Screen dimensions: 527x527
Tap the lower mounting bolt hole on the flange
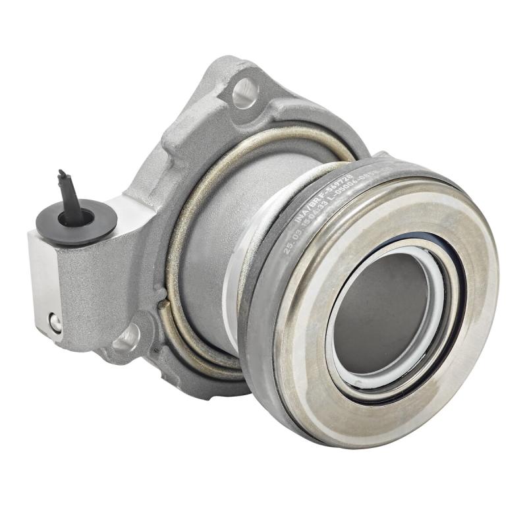point(127,337)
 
